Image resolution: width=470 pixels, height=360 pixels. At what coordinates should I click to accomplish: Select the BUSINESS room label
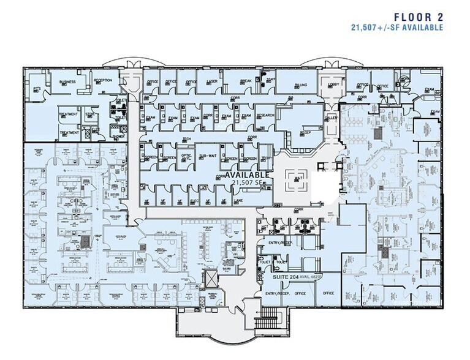pyautogui.click(x=67, y=81)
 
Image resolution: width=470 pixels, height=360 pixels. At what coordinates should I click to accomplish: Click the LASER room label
pyautogui.click(x=211, y=81)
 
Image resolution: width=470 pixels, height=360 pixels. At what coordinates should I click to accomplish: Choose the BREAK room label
pyautogui.click(x=246, y=81)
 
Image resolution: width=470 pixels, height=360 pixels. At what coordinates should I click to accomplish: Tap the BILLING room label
pyautogui.click(x=301, y=85)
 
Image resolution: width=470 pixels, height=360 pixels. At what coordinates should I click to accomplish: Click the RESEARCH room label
pyautogui.click(x=265, y=115)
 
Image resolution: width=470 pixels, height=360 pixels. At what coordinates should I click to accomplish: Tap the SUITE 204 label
pyautogui.click(x=285, y=277)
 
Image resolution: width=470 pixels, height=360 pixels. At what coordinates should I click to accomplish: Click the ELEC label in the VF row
pyautogui.click(x=194, y=201)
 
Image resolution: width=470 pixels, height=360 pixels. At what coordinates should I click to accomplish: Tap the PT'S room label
pyautogui.click(x=37, y=89)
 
